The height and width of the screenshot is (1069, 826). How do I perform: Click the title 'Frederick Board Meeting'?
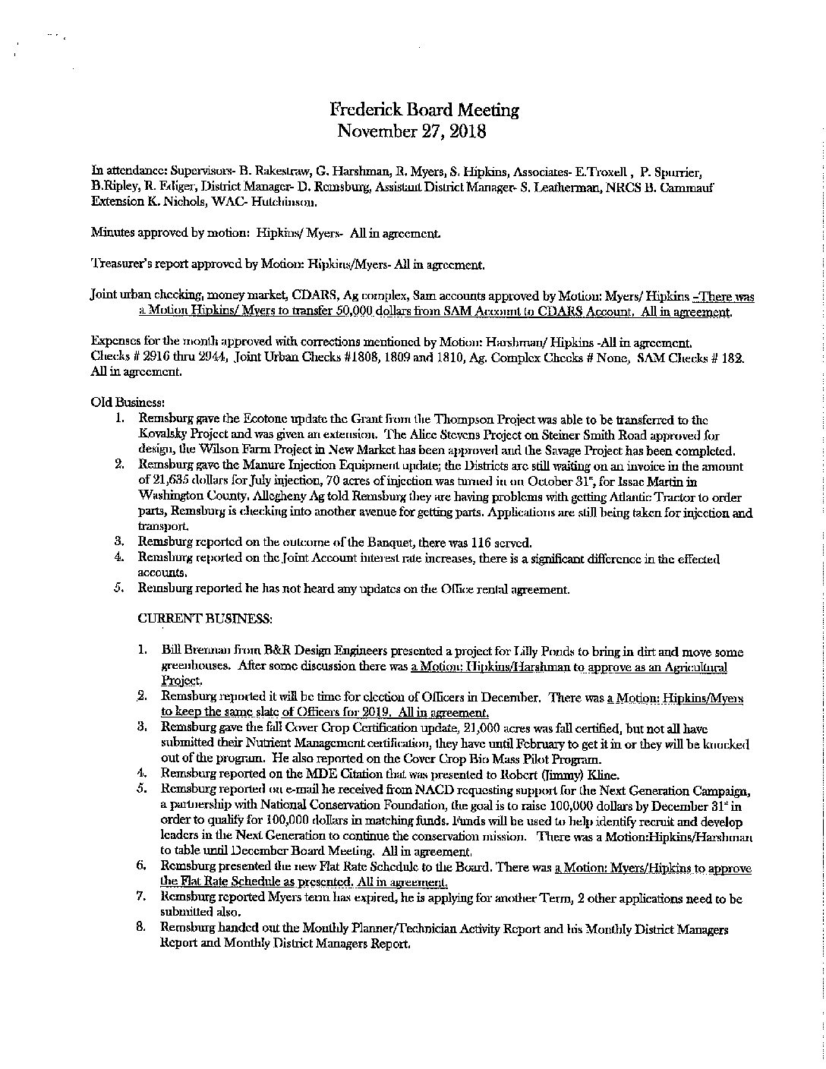(424, 109)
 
